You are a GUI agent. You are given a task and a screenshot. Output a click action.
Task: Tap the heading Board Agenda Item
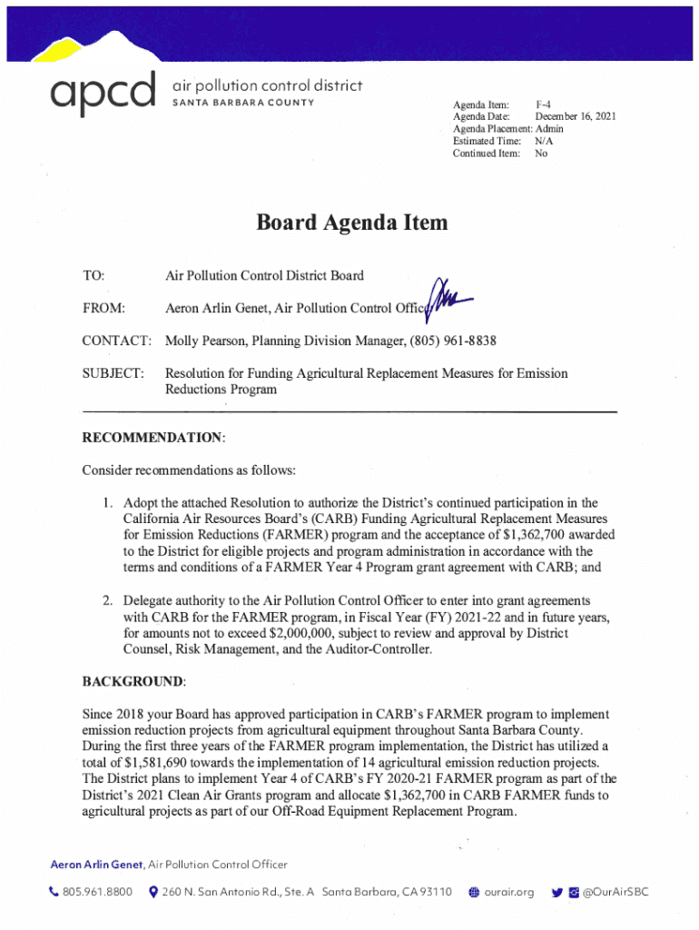coord(351,223)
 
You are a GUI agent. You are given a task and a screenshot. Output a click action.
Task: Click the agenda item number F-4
coord(545,106)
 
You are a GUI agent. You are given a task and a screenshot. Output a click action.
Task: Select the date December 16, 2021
coord(576,118)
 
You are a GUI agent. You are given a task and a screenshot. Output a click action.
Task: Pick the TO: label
coord(94,275)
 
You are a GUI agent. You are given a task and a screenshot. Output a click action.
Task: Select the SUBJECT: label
coord(113,373)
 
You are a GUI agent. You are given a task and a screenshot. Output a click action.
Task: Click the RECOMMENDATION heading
coord(152,438)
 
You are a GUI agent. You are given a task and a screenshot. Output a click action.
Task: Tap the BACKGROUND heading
coord(133,681)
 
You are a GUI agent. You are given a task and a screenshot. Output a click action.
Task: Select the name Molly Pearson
coord(205,341)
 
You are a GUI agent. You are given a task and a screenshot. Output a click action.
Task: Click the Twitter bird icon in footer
coord(556,893)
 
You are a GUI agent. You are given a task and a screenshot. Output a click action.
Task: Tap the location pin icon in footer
coord(153,893)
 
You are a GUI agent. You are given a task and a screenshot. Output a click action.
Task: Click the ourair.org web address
coord(507,893)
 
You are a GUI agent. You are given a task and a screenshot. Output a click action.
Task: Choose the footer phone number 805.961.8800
coord(97,893)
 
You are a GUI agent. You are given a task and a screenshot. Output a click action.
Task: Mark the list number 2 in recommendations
coord(106,600)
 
